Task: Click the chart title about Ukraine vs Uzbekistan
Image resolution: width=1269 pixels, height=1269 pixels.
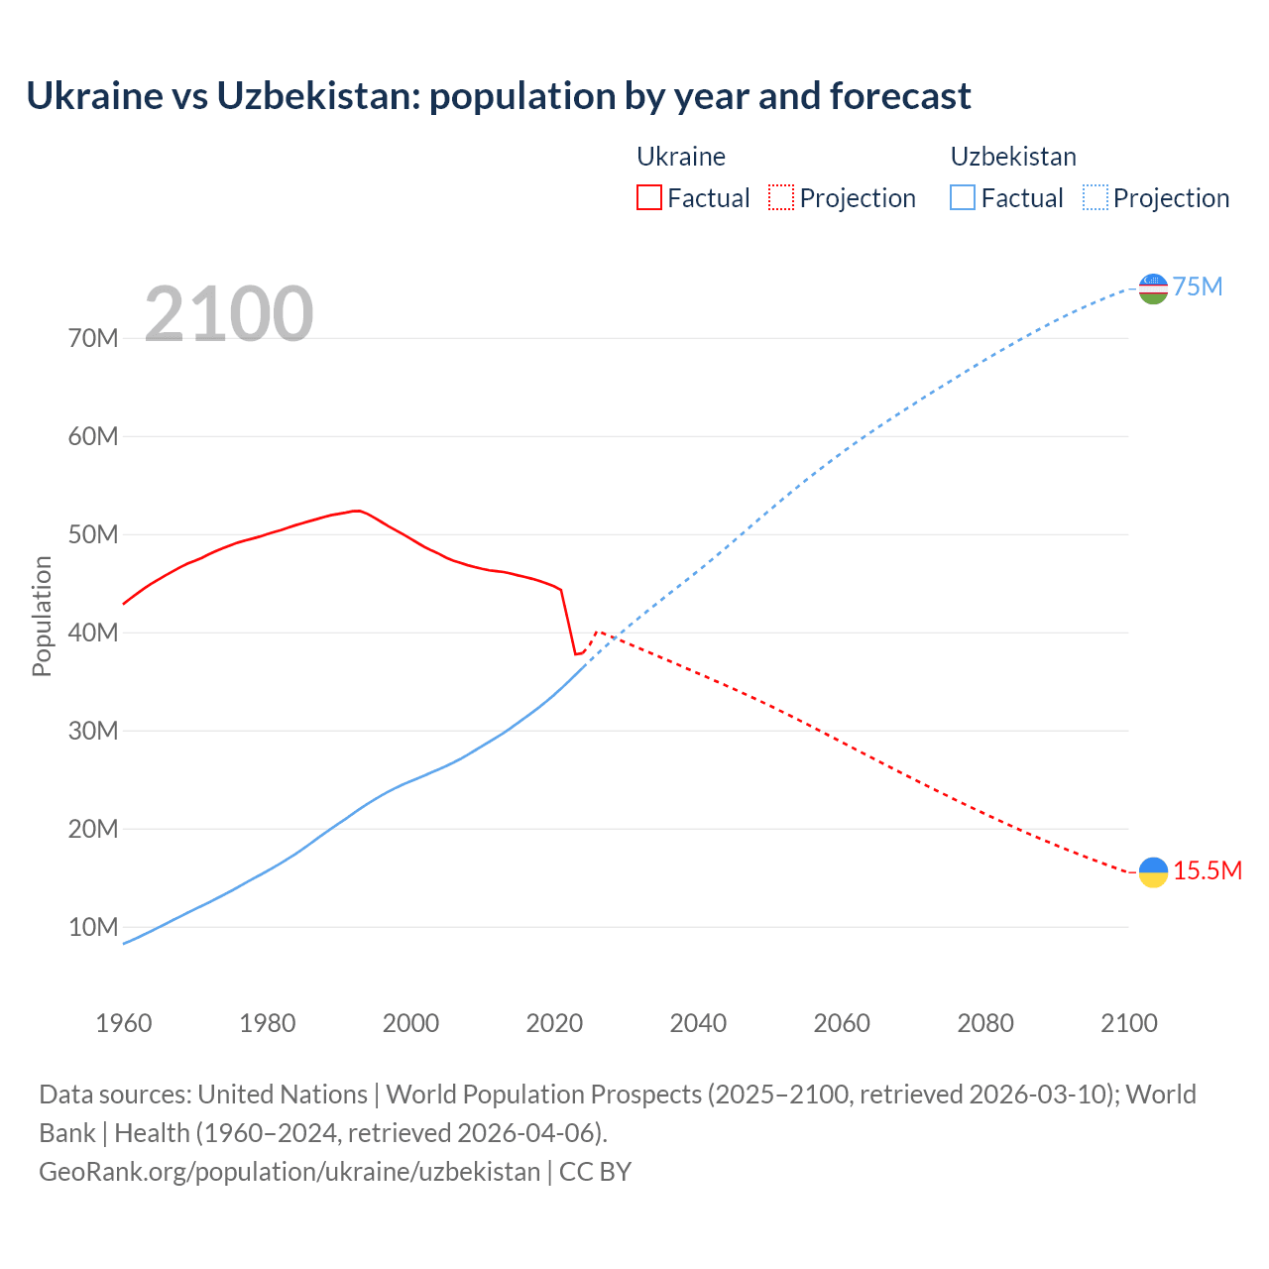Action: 498,96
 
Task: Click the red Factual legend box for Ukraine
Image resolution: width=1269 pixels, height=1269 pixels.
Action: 648,197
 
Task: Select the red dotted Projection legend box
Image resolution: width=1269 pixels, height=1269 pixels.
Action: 780,197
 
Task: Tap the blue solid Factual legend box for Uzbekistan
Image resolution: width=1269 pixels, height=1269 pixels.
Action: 962,197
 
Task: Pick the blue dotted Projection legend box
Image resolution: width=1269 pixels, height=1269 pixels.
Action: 1095,197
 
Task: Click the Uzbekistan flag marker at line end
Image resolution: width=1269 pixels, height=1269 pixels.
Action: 1153,288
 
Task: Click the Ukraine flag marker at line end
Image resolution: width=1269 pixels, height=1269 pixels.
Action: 1153,871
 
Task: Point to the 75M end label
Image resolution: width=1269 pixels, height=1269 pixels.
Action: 1198,288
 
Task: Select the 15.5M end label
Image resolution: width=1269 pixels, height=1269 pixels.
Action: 1208,871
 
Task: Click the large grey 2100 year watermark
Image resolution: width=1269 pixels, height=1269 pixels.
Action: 229,314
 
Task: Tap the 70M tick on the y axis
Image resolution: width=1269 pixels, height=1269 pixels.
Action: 93,338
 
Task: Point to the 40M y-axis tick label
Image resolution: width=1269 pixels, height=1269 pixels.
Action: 93,633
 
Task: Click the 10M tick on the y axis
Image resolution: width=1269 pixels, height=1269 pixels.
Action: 93,927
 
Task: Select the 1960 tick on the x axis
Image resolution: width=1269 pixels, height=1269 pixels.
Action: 124,1023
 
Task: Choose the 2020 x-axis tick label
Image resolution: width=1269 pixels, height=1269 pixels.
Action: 554,1023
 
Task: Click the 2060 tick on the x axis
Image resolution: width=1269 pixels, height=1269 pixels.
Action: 842,1023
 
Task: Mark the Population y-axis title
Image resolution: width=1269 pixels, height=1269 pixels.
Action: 42,616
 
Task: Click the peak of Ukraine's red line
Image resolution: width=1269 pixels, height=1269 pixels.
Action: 357,511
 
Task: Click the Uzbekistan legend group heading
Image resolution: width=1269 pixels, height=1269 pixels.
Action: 1013,157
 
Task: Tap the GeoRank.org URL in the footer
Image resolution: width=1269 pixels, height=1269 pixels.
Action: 289,1172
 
